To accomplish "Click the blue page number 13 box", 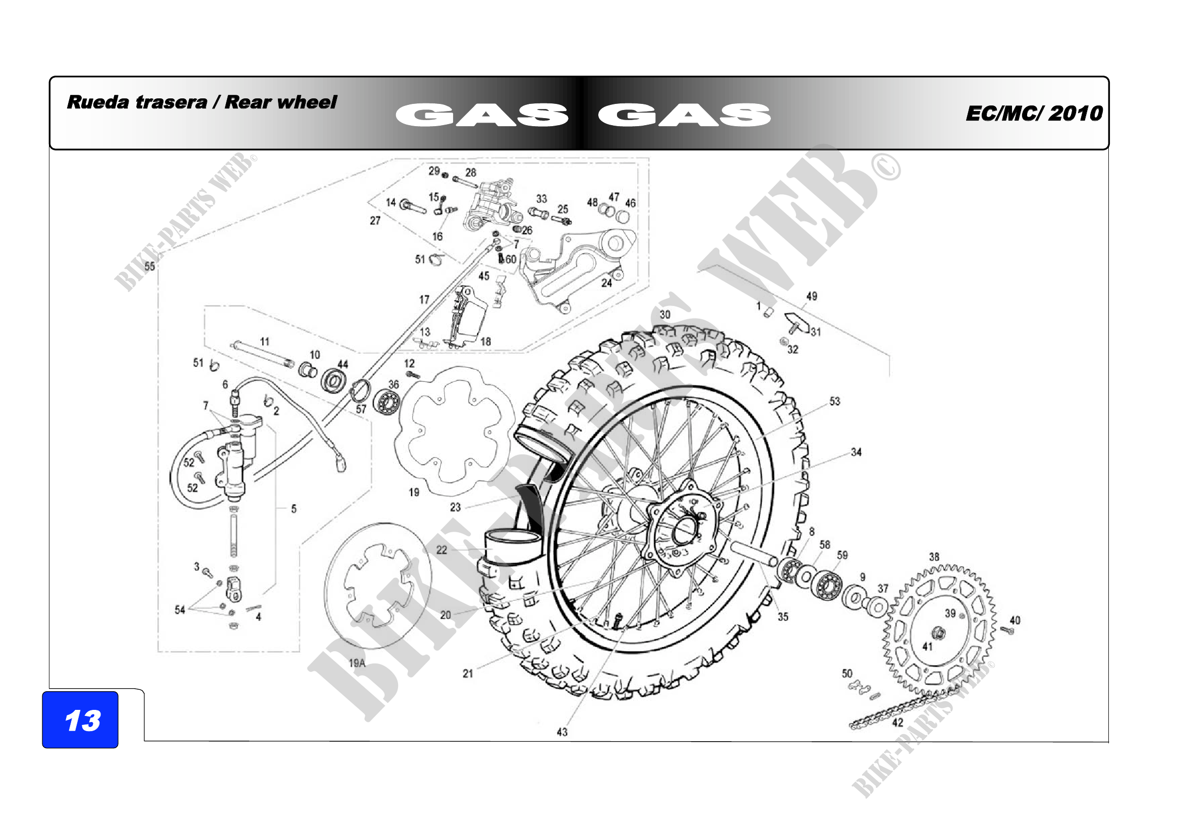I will [x=80, y=719].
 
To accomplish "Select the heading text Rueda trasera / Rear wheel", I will [x=201, y=102].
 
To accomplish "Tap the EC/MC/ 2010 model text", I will [x=1034, y=114].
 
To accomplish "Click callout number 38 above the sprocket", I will [x=934, y=557].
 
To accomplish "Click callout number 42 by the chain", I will [x=897, y=722].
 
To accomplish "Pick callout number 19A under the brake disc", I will [x=357, y=663].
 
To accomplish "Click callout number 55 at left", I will [x=149, y=266].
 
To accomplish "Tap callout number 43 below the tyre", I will [x=562, y=732].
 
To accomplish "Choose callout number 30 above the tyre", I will [x=665, y=314].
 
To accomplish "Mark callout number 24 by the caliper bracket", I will [x=607, y=283].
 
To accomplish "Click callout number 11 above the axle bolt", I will [x=265, y=342].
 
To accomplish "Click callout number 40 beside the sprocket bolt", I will [x=1015, y=620].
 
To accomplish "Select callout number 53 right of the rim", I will [x=834, y=401].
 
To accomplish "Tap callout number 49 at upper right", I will [x=812, y=296].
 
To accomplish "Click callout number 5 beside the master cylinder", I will [x=294, y=509].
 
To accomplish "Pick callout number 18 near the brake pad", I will [x=486, y=341].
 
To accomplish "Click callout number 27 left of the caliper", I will [x=375, y=220].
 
